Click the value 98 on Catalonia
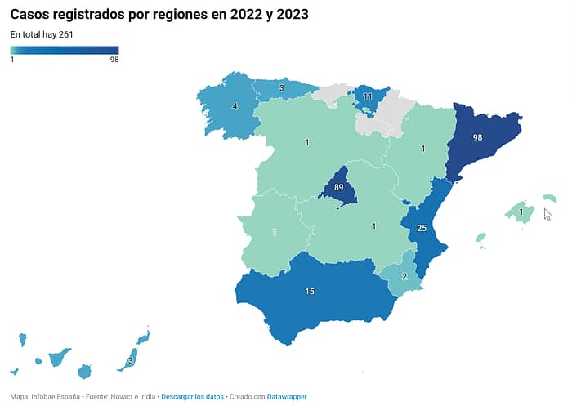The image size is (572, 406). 477,138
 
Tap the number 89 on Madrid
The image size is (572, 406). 338,188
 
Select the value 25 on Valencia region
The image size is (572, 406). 422,229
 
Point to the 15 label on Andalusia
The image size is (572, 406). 310,292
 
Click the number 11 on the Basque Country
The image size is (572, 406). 368,97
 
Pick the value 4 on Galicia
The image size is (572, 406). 235,106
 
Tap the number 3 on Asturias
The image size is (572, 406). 281,88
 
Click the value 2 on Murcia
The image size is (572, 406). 404,276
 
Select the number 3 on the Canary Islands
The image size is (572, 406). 131,361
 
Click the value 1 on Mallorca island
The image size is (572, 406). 521,212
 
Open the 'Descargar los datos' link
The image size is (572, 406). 192,397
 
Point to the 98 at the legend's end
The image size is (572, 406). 114,60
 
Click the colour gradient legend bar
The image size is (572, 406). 65,50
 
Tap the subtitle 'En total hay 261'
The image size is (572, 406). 42,34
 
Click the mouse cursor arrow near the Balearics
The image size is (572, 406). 547,214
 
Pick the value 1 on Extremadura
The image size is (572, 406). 275,233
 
